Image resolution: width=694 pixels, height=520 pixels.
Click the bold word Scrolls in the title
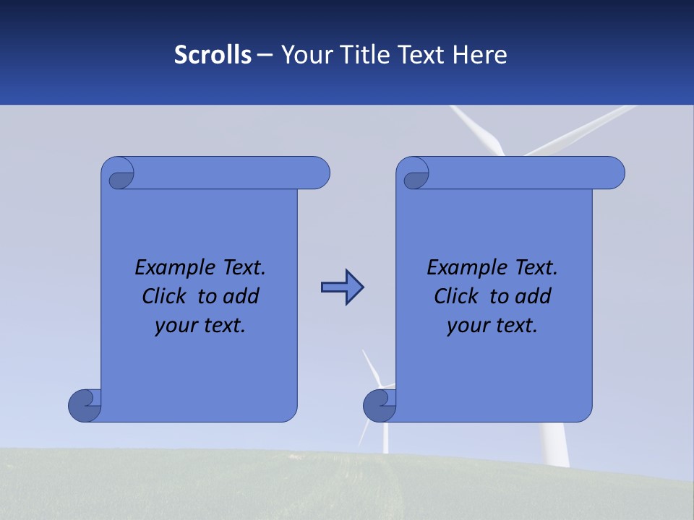pos(213,55)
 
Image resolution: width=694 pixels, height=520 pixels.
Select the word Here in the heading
pos(480,55)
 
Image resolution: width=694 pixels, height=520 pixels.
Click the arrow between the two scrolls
pos(342,287)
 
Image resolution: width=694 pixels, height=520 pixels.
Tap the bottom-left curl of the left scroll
pos(85,404)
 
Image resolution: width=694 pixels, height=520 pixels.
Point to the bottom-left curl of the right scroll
pos(380,404)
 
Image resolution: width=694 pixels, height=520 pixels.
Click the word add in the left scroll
pos(241,296)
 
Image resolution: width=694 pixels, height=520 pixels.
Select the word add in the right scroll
pos(534,296)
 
